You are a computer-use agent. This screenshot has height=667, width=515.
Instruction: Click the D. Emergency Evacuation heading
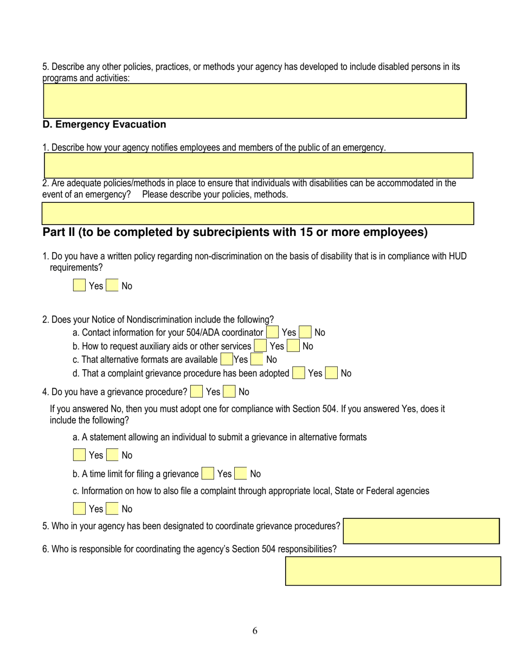point(104,125)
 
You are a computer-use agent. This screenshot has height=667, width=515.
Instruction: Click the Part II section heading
point(235,233)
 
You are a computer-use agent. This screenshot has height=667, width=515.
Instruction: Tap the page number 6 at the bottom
point(255,630)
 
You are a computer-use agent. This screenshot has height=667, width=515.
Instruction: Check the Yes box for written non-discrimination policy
point(79,286)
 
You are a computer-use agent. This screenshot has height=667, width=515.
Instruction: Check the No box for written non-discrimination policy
point(112,286)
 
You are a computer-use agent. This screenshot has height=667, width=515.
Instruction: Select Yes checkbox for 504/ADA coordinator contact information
point(273,332)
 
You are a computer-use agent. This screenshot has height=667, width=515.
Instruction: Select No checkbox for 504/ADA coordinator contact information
point(305,332)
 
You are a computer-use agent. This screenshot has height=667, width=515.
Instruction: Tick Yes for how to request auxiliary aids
point(260,346)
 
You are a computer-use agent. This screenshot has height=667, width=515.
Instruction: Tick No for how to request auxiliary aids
point(293,346)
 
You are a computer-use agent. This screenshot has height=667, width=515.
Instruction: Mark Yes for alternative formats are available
point(227,360)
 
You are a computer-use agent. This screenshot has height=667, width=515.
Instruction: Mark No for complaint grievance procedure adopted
point(331,373)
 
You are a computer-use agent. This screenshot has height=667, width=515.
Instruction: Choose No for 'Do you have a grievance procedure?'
point(229,392)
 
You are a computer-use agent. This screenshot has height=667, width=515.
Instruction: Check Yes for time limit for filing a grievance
point(208,474)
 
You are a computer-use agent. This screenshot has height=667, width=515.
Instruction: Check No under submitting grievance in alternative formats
point(112,456)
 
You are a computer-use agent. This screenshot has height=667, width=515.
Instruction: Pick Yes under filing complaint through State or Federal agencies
point(79,509)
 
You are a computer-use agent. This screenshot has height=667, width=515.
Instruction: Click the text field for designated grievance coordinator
point(421,531)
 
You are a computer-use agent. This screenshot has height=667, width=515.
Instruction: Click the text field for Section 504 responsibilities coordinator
point(393,570)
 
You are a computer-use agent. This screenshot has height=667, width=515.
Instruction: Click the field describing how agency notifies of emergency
point(257,165)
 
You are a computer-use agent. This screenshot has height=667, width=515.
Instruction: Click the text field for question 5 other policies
point(254,101)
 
